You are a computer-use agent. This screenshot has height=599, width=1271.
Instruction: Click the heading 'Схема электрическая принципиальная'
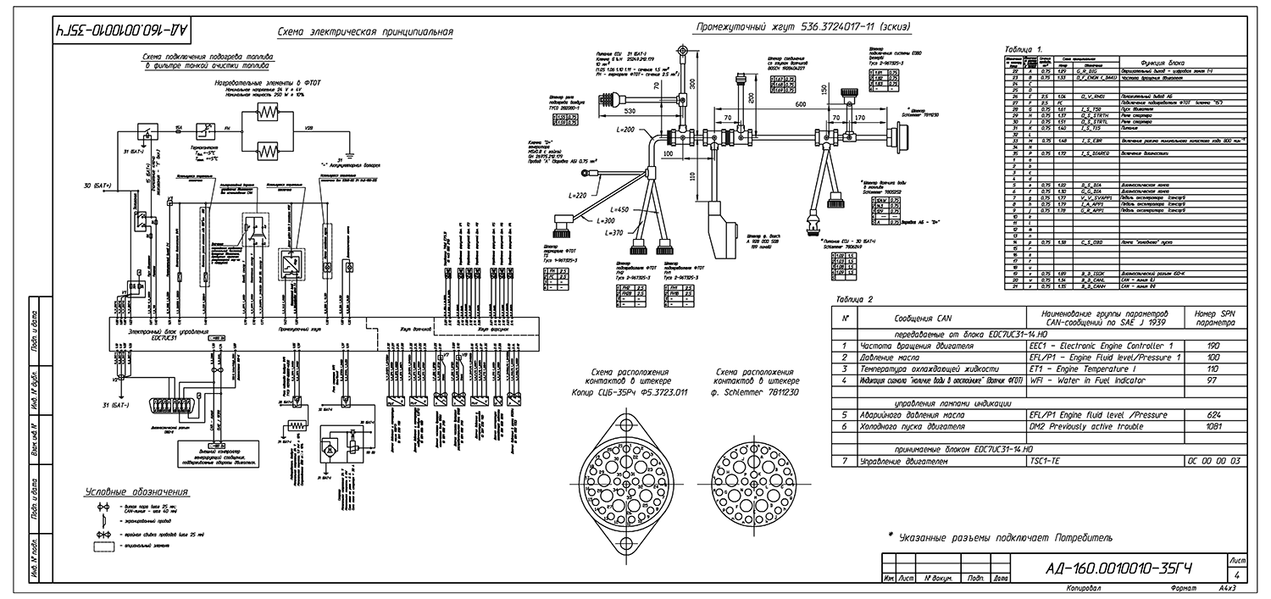(x=365, y=33)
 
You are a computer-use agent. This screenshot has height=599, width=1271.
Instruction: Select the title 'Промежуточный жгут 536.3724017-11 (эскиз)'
(x=802, y=27)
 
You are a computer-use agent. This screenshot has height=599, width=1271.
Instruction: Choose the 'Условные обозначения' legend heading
(x=136, y=492)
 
